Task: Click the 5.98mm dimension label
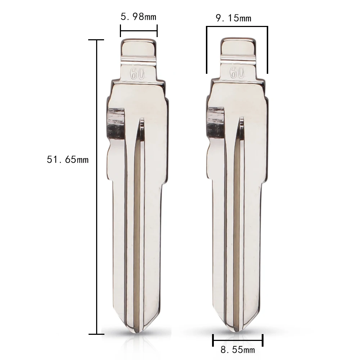coord(138,17)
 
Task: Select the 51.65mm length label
coord(68,159)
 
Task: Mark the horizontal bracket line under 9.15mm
coord(237,26)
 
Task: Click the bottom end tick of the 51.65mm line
coord(97,334)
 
